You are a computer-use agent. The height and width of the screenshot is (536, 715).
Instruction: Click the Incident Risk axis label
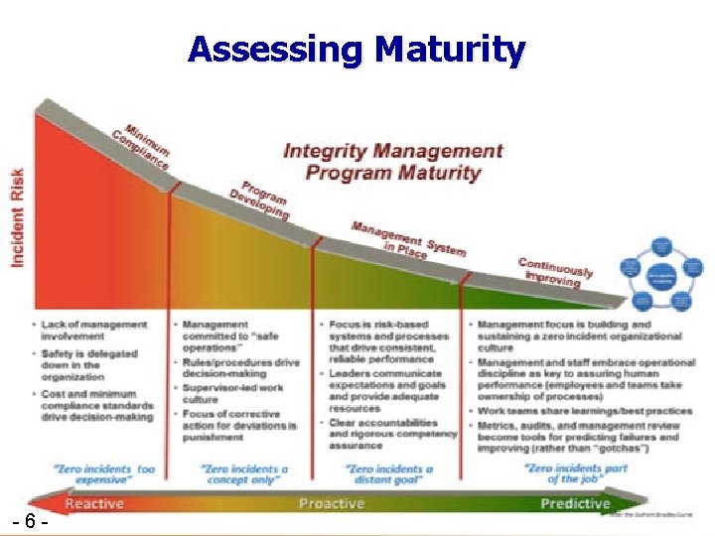pos(18,213)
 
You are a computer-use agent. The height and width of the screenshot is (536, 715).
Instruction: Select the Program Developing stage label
pos(260,200)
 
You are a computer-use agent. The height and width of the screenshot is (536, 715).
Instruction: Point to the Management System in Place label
pos(406,239)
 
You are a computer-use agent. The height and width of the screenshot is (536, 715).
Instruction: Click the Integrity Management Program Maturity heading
pos(393,162)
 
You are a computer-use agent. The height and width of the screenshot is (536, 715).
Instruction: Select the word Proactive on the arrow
pos(330,503)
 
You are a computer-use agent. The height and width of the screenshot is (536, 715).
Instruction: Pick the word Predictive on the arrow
pos(575,503)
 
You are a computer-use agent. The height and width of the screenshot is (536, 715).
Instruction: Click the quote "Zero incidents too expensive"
pos(104,473)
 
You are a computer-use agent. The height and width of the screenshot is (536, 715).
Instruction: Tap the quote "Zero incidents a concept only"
pos(244,473)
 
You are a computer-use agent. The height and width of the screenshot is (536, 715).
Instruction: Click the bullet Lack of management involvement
pos(93,331)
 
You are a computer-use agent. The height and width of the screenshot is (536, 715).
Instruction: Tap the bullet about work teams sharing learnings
pos(585,411)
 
